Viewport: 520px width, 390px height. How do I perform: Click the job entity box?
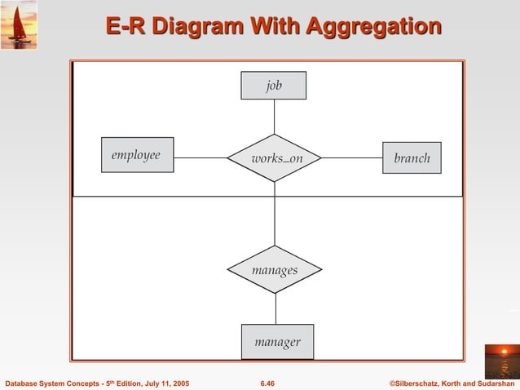point(273,86)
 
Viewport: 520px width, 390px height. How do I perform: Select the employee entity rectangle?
point(137,155)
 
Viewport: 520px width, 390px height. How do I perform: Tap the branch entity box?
point(412,157)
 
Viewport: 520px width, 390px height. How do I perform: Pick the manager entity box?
point(277,342)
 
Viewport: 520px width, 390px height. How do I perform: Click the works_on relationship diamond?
point(275,157)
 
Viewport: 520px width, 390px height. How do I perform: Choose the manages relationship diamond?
point(275,269)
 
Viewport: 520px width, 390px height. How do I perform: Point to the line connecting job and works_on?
point(274,117)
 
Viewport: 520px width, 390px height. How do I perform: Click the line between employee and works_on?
point(201,157)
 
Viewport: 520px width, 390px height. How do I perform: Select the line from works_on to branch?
point(352,157)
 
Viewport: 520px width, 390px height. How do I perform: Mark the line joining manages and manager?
point(275,308)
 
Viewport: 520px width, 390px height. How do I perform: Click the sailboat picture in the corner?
point(18,25)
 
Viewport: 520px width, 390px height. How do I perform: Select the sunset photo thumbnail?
point(500,361)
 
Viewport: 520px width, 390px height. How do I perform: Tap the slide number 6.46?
point(267,383)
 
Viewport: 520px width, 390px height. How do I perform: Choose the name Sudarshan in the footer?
point(491,383)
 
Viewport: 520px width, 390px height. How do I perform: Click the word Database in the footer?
point(24,383)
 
